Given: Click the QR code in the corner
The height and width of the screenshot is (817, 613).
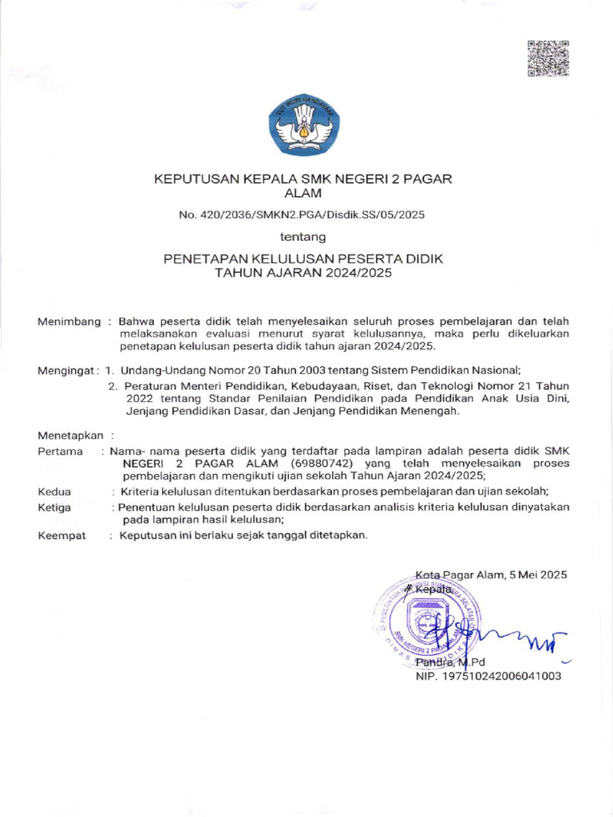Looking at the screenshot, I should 548,58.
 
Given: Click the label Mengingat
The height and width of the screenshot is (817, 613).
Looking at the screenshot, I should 66,369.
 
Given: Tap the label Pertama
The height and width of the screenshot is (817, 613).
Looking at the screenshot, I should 61,452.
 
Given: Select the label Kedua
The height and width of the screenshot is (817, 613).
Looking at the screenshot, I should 54,491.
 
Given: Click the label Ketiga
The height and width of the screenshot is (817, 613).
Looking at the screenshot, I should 54,507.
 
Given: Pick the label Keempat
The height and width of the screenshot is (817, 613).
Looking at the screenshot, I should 61,536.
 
